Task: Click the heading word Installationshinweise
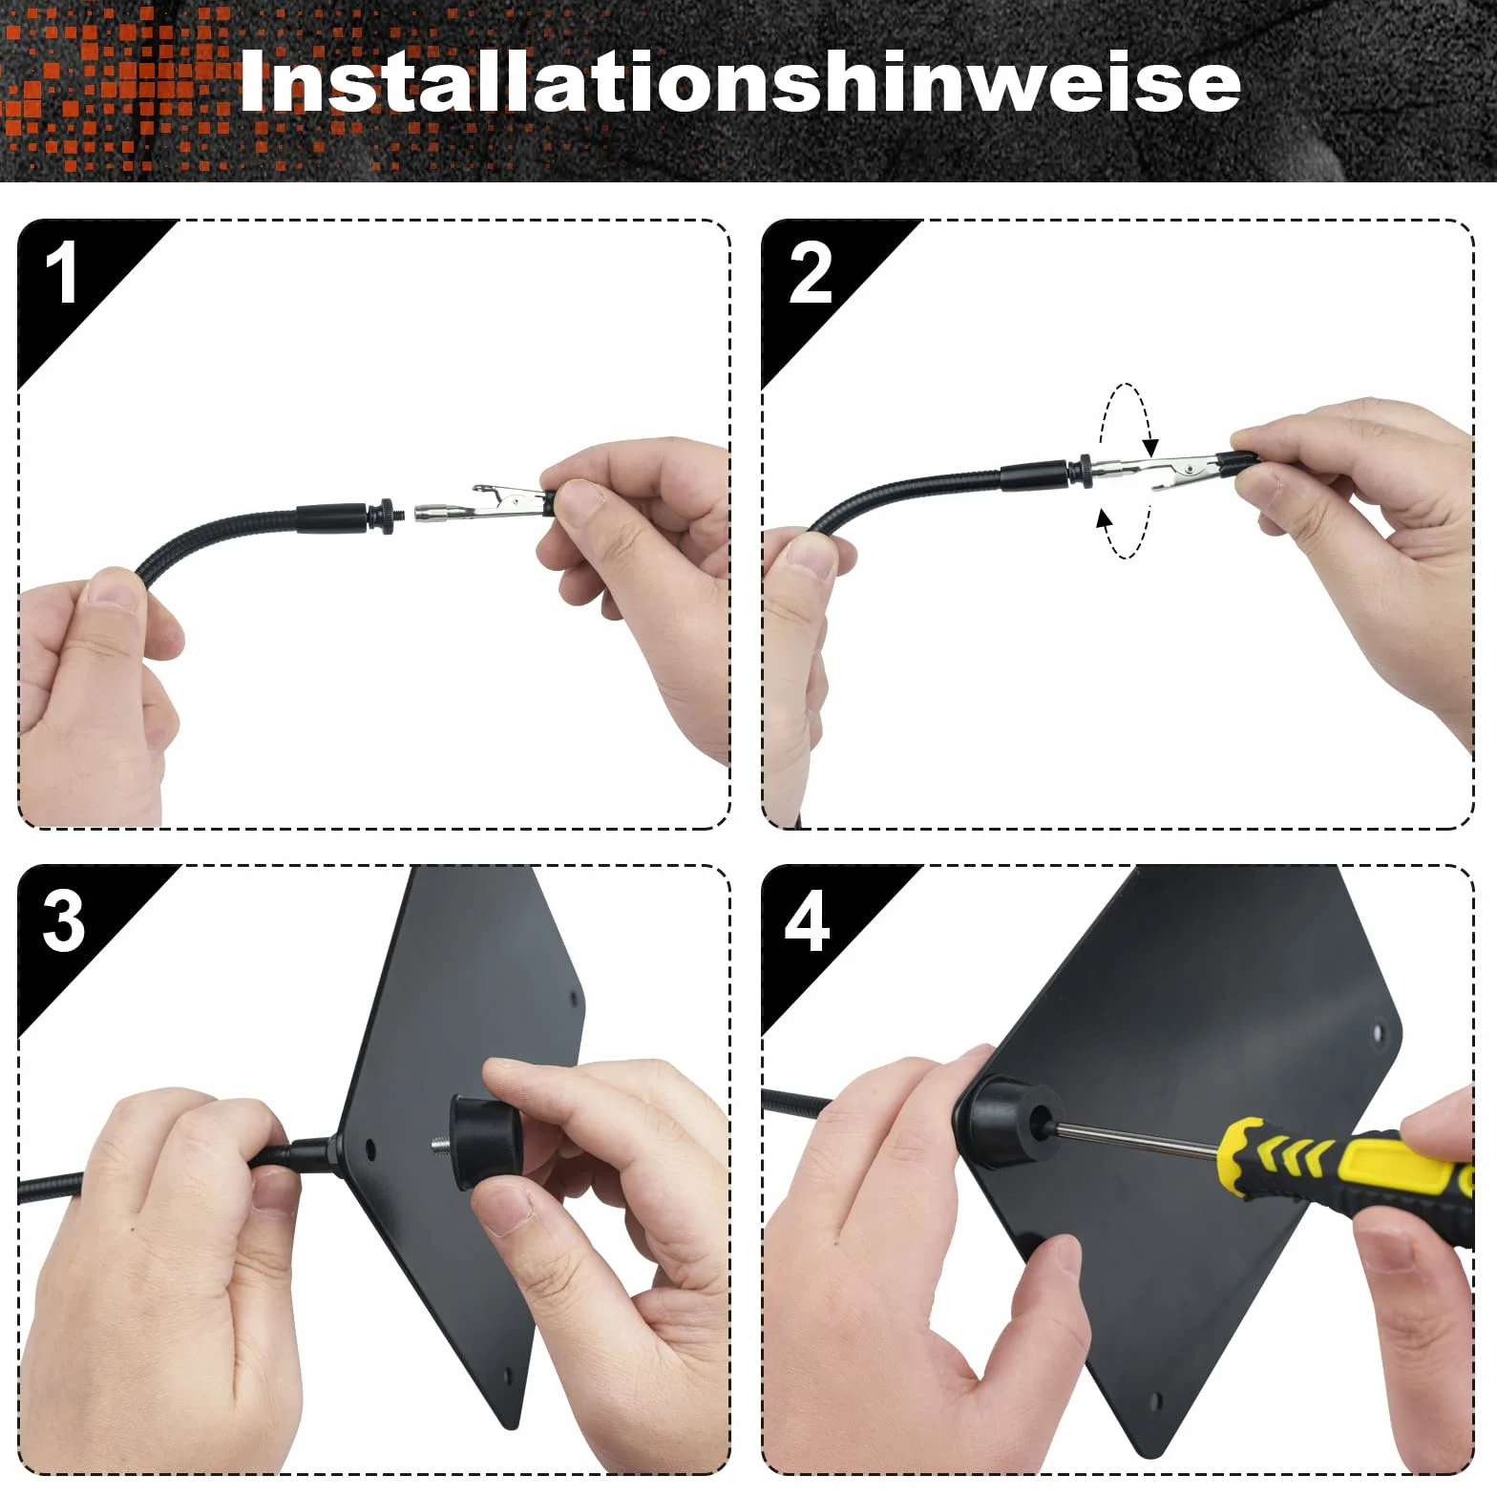[x=740, y=82]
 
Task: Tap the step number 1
[x=61, y=273]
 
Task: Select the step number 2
[x=810, y=274]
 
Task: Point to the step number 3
[x=63, y=920]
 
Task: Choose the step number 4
[x=807, y=920]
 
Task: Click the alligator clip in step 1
[x=482, y=503]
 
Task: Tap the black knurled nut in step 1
[x=387, y=516]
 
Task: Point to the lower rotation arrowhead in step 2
[x=1105, y=520]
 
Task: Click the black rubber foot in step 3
[x=487, y=1141]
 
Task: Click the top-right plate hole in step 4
[x=1378, y=1033]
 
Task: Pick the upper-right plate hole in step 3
[x=574, y=999]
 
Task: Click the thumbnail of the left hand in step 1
[x=115, y=592]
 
